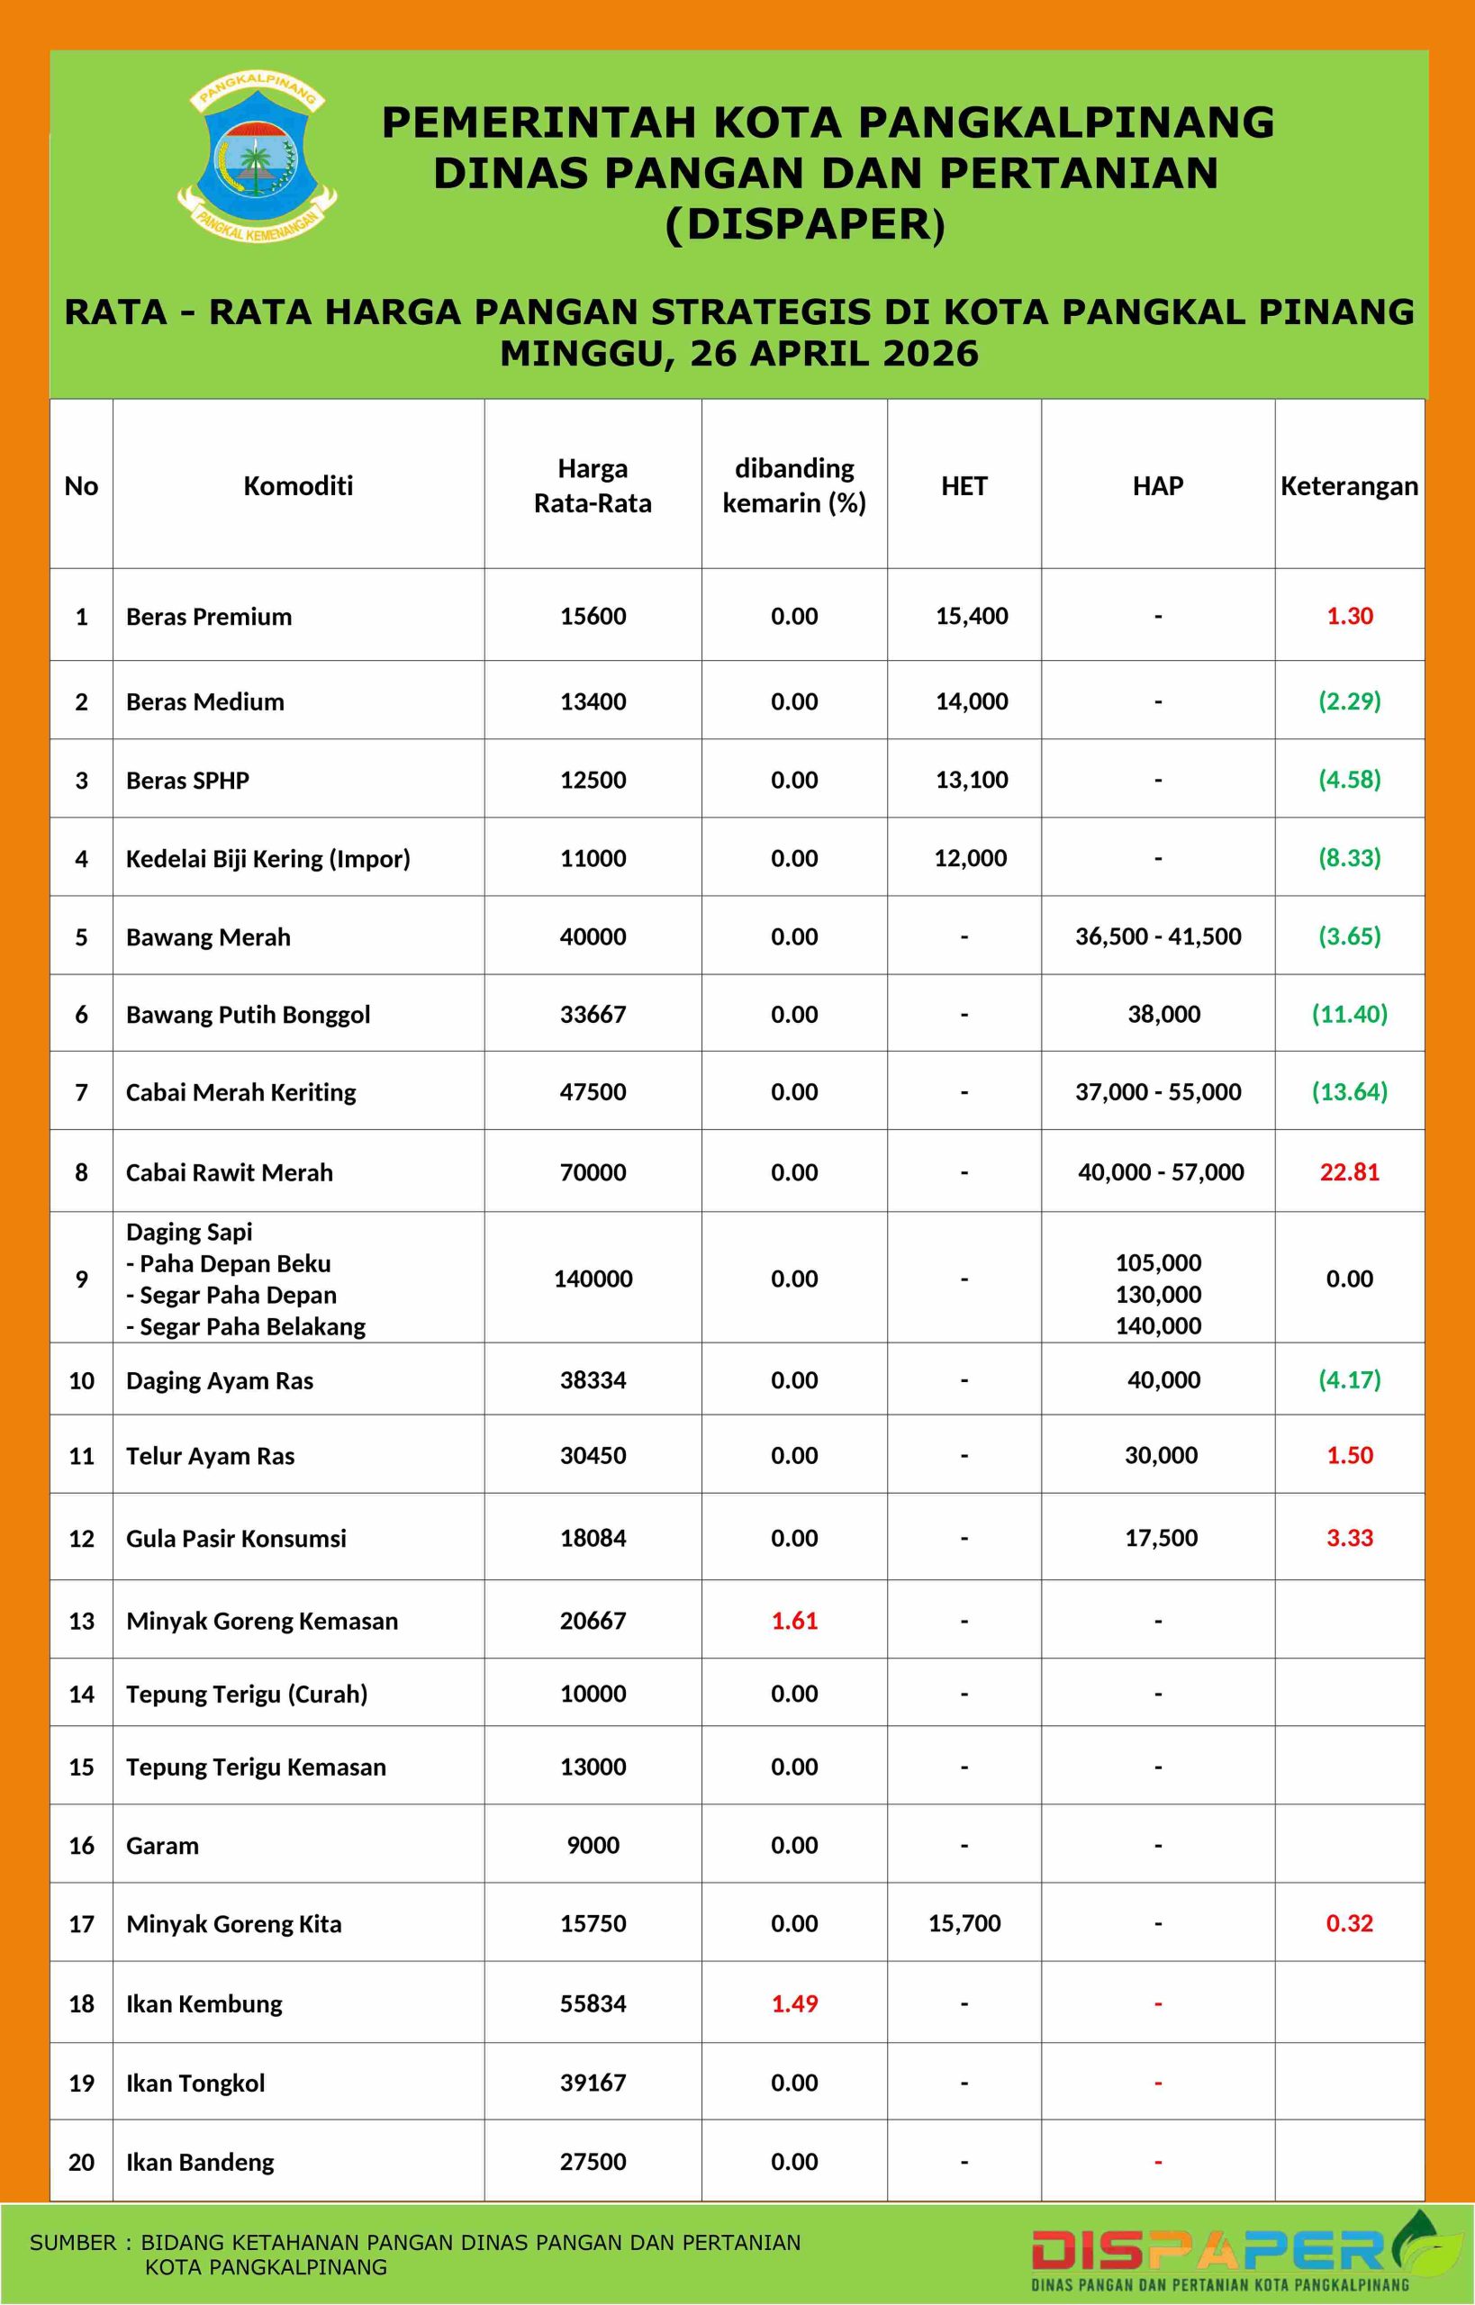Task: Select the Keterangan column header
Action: pyautogui.click(x=1349, y=485)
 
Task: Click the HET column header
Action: pyautogui.click(x=964, y=485)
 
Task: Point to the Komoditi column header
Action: pyautogui.click(x=298, y=485)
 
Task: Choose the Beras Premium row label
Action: pyautogui.click(x=209, y=616)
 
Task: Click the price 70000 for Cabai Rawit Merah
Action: pyautogui.click(x=593, y=1172)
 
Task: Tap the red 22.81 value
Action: pyautogui.click(x=1349, y=1172)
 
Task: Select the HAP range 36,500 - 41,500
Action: pyautogui.click(x=1158, y=936)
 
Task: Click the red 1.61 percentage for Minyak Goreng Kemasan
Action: pyautogui.click(x=794, y=1621)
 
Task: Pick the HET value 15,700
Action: pyautogui.click(x=964, y=1923)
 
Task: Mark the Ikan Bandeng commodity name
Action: pyautogui.click(x=199, y=2161)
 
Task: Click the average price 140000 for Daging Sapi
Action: pyautogui.click(x=593, y=1279)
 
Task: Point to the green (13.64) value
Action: pyautogui.click(x=1349, y=1091)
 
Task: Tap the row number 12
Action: pyautogui.click(x=81, y=1538)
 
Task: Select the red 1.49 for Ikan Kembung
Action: pyautogui.click(x=794, y=2003)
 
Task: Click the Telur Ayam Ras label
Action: pyautogui.click(x=210, y=1456)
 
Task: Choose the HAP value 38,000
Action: pyautogui.click(x=1163, y=1014)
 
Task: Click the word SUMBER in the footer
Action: pyautogui.click(x=73, y=2243)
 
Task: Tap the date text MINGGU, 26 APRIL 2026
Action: pyautogui.click(x=738, y=353)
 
